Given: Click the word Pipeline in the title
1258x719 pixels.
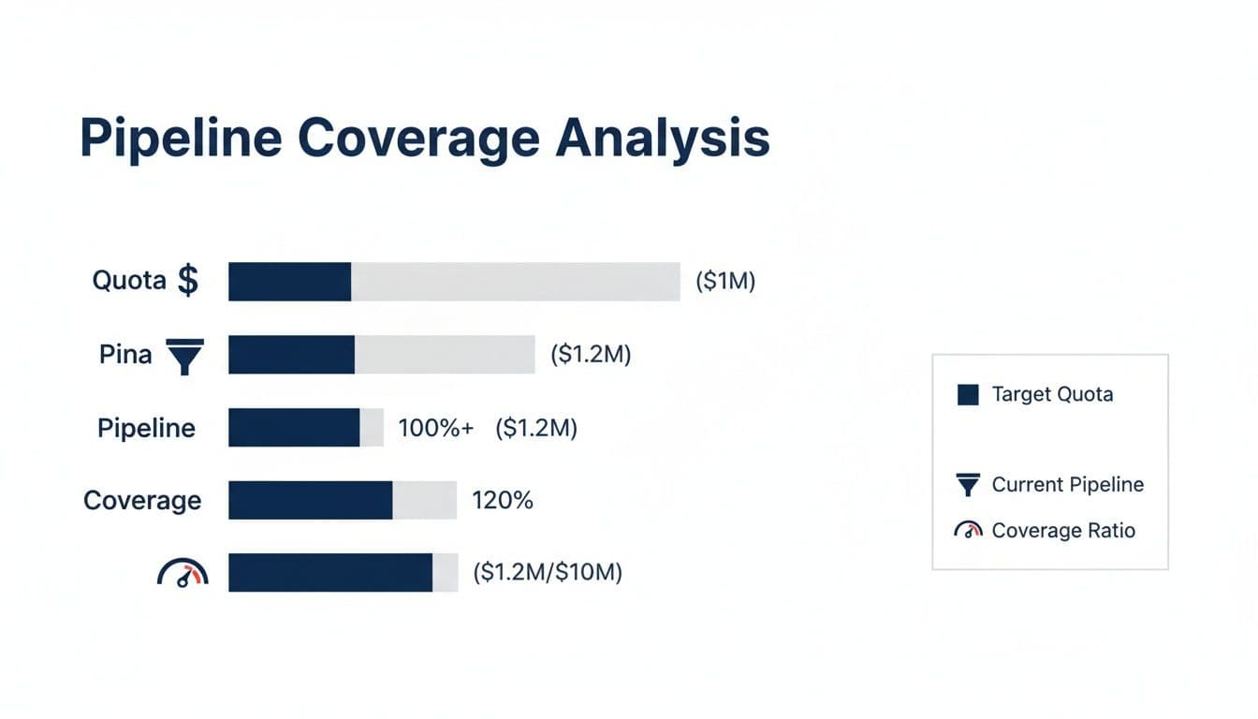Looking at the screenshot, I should click(180, 139).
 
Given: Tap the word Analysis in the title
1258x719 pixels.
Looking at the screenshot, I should click(662, 139).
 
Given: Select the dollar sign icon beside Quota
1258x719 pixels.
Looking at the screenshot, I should click(188, 280).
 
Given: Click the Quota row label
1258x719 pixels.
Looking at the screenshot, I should click(129, 280).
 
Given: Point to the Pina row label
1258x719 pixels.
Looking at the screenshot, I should click(125, 355).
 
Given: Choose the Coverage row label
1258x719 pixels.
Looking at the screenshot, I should click(142, 500).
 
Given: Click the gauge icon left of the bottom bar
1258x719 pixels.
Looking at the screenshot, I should click(183, 573).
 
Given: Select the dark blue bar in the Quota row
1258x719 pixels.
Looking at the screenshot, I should click(289, 282).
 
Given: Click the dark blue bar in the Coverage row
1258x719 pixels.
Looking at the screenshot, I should click(310, 500).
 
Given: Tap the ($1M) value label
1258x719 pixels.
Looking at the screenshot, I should click(725, 281).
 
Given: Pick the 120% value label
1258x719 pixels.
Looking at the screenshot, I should click(503, 500).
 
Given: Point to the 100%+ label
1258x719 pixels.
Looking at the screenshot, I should click(435, 428).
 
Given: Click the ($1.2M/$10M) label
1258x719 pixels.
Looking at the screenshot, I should click(548, 572).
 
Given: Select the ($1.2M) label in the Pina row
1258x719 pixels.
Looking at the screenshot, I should click(591, 355).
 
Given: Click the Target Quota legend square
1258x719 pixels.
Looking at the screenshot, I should click(968, 394).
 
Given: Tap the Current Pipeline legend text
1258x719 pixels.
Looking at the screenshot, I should click(1067, 484).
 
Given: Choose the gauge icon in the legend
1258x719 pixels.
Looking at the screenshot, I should click(968, 531).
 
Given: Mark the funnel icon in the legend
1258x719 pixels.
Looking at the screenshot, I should click(968, 485).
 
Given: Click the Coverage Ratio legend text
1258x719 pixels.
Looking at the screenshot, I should click(1063, 531).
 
